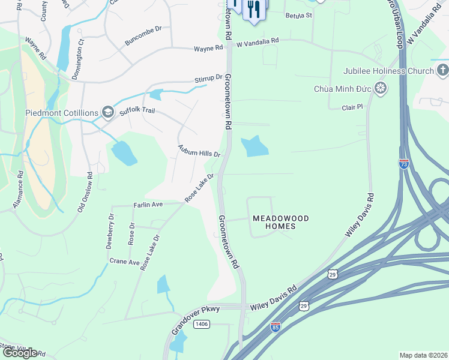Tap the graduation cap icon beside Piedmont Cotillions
108,112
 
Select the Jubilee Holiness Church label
388,71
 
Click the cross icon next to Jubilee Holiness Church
442,71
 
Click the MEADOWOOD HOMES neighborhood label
280,222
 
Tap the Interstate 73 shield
404,163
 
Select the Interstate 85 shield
275,327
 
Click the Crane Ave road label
124,262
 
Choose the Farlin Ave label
148,205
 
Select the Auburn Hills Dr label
199,150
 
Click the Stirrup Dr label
208,78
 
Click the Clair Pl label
352,107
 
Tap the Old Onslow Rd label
89,193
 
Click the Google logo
19,353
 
